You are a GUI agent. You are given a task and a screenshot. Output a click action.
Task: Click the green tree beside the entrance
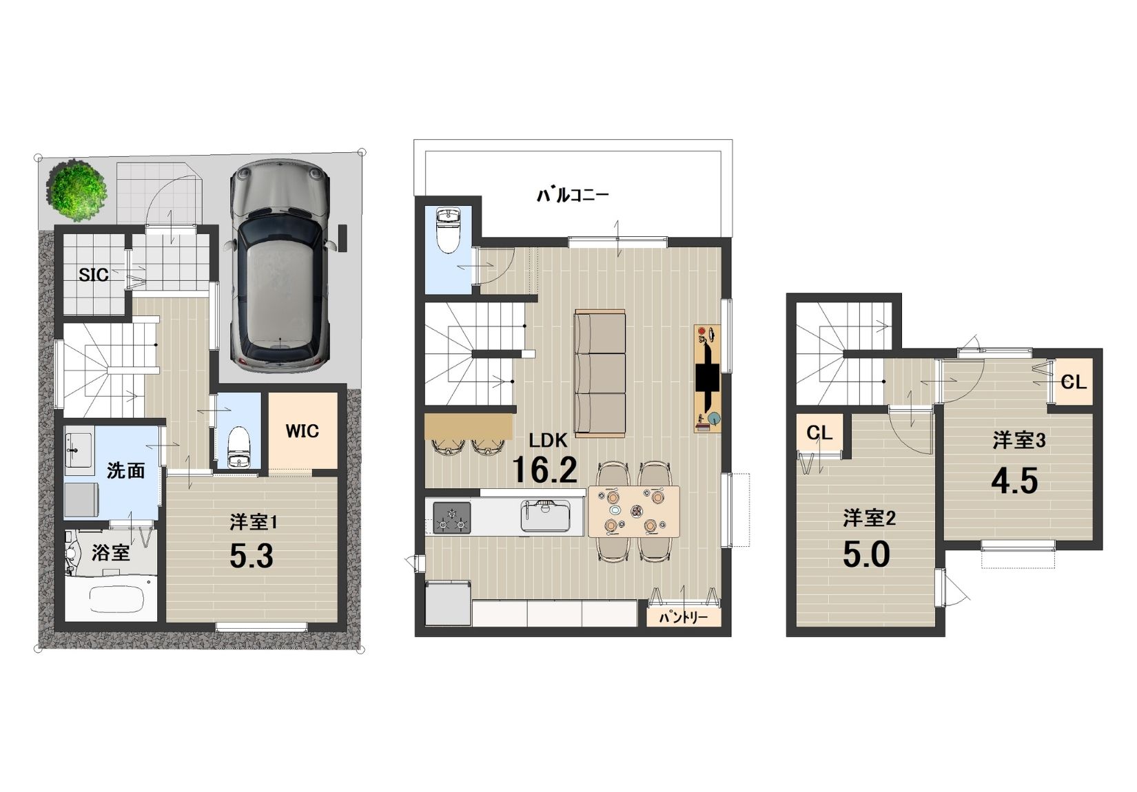tap(78, 191)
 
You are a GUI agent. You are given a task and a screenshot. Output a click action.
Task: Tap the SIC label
tap(94, 275)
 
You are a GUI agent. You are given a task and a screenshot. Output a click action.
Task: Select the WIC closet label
tap(302, 431)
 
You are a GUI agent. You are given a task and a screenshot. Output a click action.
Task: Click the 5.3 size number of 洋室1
tap(252, 556)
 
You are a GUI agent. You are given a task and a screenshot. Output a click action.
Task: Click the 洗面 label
tap(125, 471)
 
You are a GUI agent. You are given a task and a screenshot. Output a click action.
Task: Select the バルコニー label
tap(573, 195)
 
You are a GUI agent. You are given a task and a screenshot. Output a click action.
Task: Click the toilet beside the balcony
tap(448, 231)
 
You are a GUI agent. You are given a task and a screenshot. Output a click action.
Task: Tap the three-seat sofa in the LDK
tap(600, 375)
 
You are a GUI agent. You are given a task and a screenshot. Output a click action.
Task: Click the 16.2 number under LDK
tap(544, 470)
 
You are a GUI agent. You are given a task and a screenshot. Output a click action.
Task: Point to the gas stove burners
tap(452, 518)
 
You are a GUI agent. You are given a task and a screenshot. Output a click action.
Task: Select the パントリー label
tap(683, 618)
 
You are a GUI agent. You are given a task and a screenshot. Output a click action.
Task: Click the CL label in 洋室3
tap(1074, 382)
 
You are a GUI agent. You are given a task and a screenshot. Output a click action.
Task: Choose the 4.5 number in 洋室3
tap(1014, 481)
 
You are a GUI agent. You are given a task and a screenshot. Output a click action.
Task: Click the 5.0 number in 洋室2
tap(866, 554)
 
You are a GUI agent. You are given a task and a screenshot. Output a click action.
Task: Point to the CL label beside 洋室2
tap(819, 433)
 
